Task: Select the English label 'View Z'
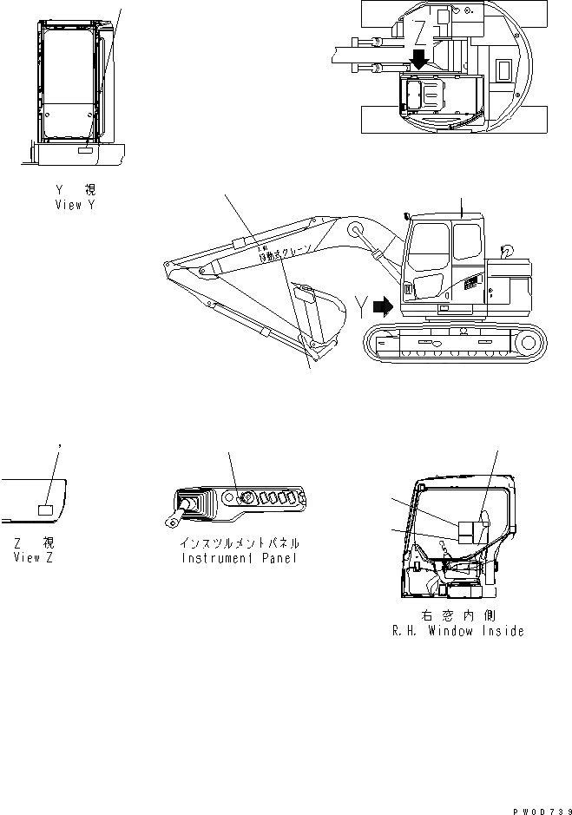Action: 33,557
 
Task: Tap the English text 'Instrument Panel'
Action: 239,558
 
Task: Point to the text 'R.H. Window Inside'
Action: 457,631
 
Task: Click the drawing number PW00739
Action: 540,809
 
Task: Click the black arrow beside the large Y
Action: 381,306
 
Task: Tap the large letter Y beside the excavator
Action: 361,306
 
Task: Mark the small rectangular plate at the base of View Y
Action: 84,151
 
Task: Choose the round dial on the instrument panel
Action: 247,498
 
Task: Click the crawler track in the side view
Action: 456,344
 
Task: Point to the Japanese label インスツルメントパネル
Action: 239,542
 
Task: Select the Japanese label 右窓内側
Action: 457,615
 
